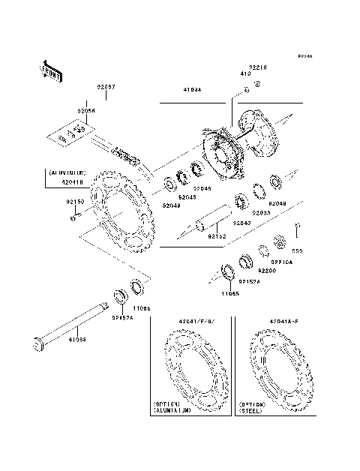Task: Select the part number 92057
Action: click(x=105, y=87)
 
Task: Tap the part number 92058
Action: click(x=86, y=110)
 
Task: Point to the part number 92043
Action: click(x=241, y=223)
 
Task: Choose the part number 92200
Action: click(x=268, y=269)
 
